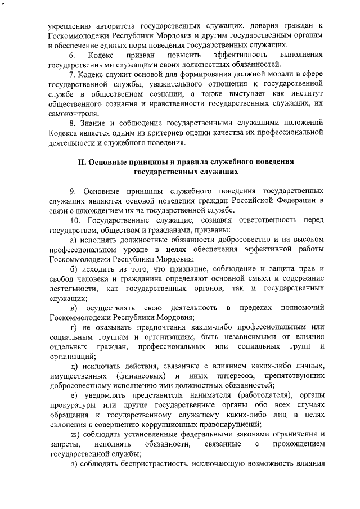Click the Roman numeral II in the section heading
tap(81, 162)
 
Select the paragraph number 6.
tap(72, 55)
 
